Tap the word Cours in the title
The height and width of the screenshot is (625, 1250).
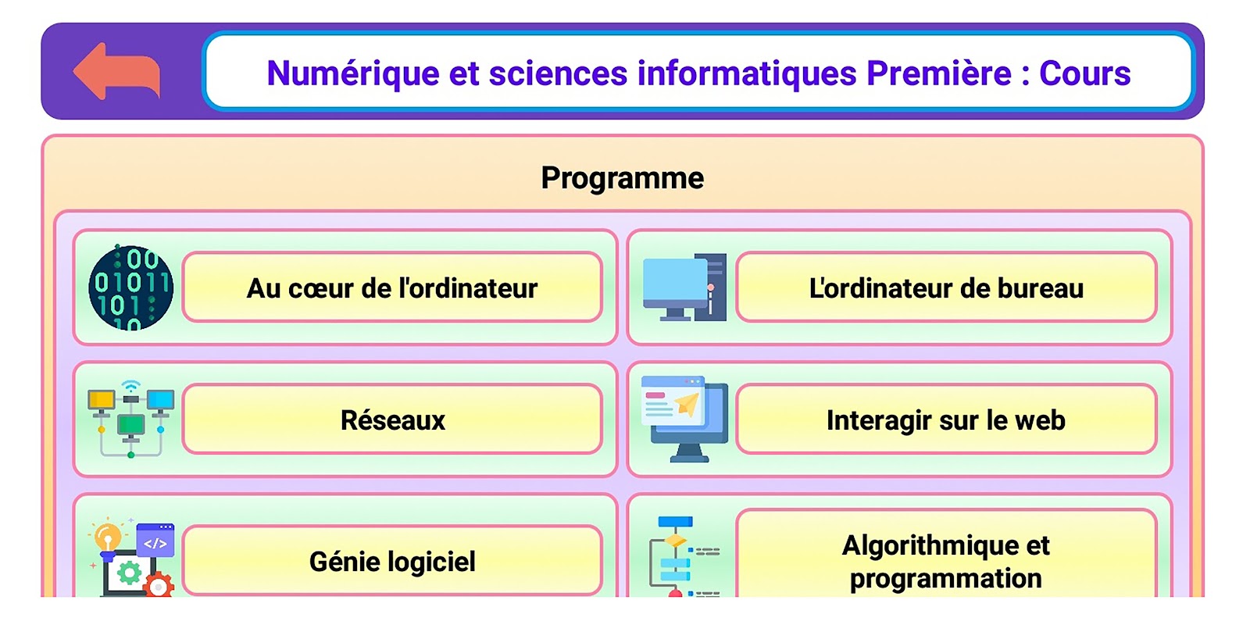click(x=1084, y=73)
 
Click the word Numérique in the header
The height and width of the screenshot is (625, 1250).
click(x=352, y=73)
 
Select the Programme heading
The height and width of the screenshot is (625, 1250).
click(x=622, y=179)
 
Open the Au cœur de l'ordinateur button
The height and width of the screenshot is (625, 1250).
click(x=392, y=287)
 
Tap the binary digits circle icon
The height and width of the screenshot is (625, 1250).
click(x=130, y=287)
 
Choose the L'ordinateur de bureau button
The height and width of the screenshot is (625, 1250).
click(x=946, y=287)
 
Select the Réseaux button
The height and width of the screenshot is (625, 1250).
click(x=392, y=419)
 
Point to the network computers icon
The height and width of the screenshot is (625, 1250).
click(x=130, y=419)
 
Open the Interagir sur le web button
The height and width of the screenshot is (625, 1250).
click(x=946, y=419)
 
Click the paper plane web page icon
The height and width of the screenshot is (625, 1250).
click(x=684, y=419)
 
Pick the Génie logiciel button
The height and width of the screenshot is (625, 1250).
click(x=392, y=560)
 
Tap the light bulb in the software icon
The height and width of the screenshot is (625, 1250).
click(x=106, y=537)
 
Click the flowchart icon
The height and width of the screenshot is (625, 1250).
click(x=684, y=557)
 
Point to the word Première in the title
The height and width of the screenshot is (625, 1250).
click(x=938, y=73)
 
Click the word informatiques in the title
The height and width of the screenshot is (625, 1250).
click(x=747, y=73)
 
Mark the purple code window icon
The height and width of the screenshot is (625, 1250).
click(x=155, y=540)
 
